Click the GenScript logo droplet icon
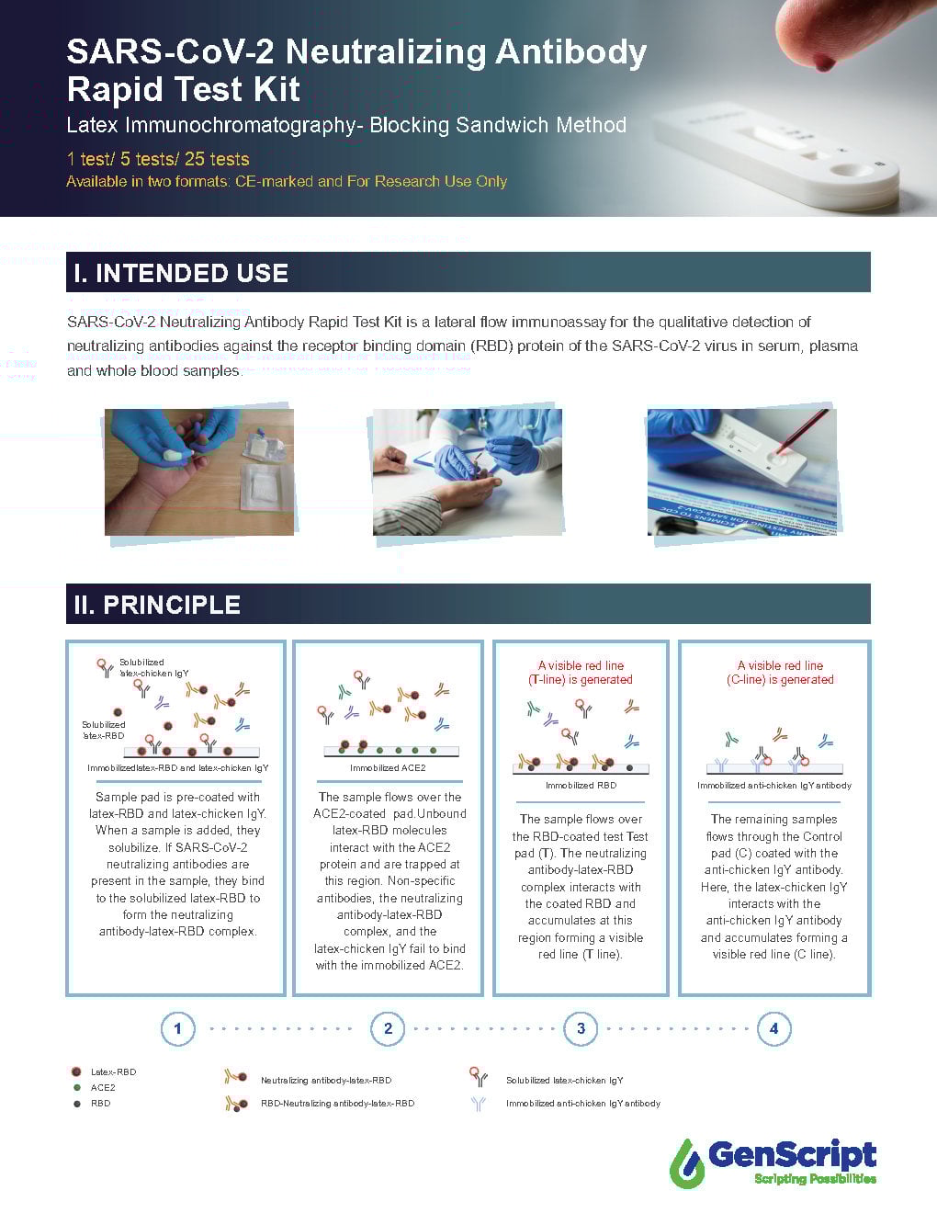coord(686,1162)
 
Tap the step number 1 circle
coord(177,1028)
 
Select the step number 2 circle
coord(388,1028)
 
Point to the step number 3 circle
coord(581,1028)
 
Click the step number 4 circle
coord(773,1028)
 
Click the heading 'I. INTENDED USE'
coord(181,273)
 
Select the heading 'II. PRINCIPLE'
coord(157,605)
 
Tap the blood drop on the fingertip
coord(824,62)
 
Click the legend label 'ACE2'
coord(103,1087)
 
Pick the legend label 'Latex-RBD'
coord(113,1071)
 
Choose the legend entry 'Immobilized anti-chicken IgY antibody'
coord(582,1103)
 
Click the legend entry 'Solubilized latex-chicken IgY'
coord(564,1080)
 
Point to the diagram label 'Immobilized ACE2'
coord(388,767)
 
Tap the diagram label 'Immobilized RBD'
coord(581,785)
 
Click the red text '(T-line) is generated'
coord(580,680)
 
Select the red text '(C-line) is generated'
coord(780,680)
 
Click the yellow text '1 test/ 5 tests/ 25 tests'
coord(158,159)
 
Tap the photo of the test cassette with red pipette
coord(741,471)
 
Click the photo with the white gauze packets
coord(199,471)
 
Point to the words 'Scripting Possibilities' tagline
coord(814,1179)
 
